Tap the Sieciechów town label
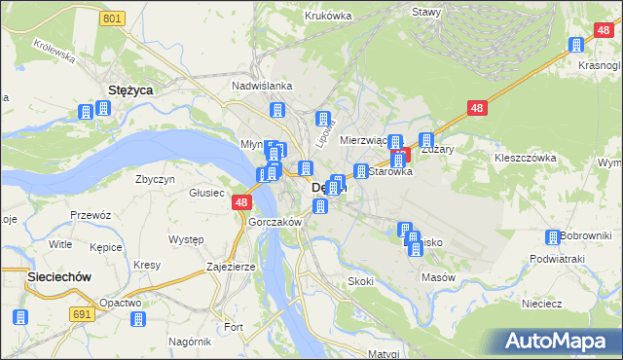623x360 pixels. pos(58,276)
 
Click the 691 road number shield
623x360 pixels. pos(84,313)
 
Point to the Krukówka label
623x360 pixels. pos(327,16)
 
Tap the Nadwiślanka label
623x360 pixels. pos(262,85)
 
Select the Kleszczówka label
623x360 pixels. pos(525,157)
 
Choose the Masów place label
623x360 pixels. pos(439,277)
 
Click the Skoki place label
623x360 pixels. pos(360,281)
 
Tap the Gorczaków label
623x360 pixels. pos(275,222)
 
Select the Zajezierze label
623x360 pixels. pos(231,266)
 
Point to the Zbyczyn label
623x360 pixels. pos(156,179)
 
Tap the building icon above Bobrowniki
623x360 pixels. pos(554,237)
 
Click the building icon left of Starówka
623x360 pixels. pos(360,172)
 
